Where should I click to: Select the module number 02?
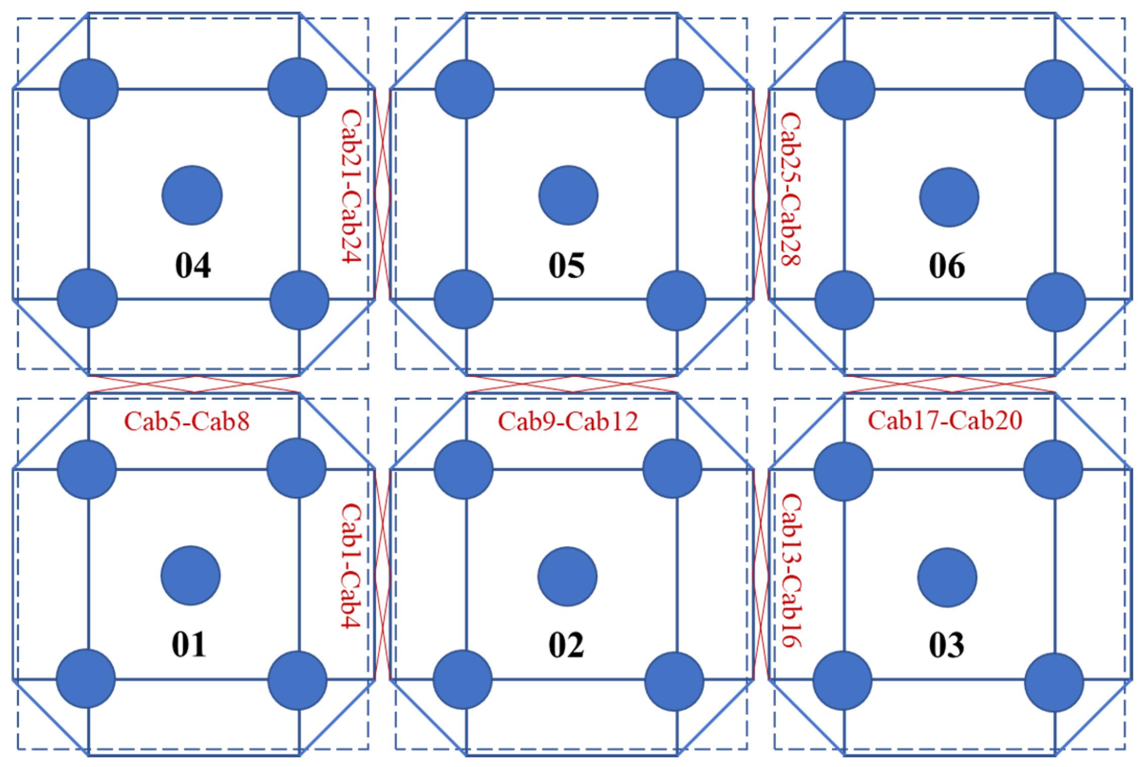point(566,645)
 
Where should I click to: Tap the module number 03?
point(947,645)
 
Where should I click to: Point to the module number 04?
point(193,265)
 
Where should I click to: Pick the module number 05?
point(566,265)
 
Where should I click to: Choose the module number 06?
point(947,266)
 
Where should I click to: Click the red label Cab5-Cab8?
point(187,421)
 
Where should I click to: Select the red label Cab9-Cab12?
point(568,421)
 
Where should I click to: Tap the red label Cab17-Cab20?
point(945,420)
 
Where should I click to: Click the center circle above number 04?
point(192,196)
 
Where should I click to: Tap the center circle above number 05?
point(568,196)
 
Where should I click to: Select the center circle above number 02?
point(567,577)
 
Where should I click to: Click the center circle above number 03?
point(947,578)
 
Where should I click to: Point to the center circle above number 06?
point(949,197)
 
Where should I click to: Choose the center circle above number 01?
point(191,576)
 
